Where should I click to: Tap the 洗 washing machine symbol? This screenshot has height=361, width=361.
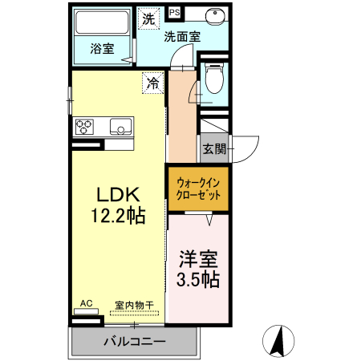pyautogui.click(x=148, y=20)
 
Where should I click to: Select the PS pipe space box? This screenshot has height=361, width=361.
pyautogui.click(x=175, y=13)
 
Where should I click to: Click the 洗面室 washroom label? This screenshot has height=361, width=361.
pyautogui.click(x=182, y=35)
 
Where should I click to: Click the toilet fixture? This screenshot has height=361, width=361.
pyautogui.click(x=213, y=79)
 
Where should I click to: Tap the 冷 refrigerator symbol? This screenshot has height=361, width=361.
pyautogui.click(x=153, y=81)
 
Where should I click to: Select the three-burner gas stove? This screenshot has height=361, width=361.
pyautogui.click(x=85, y=126)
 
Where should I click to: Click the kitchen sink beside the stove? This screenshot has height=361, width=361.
pyautogui.click(x=120, y=127)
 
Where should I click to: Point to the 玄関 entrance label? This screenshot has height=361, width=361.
pyautogui.click(x=213, y=148)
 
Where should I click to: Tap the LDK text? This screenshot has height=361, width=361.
pyautogui.click(x=119, y=196)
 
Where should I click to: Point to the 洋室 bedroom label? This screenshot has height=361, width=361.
pyautogui.click(x=198, y=259)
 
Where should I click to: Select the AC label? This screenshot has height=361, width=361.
pyautogui.click(x=87, y=303)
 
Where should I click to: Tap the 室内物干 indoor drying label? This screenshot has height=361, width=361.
pyautogui.click(x=134, y=304)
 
